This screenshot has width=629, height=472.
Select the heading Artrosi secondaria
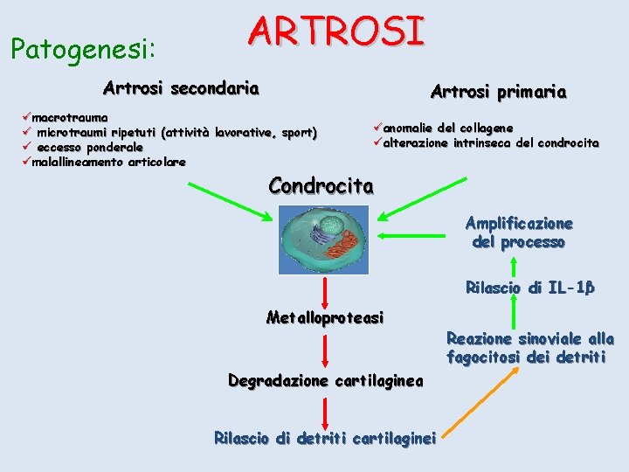[181, 88]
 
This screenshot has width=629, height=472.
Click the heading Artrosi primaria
[498, 92]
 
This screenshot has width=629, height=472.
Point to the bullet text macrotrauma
[70, 117]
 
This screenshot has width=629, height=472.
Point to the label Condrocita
[321, 185]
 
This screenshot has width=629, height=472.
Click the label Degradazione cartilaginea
[325, 381]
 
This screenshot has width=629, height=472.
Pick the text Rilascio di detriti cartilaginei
[325, 437]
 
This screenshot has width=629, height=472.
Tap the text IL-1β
[571, 288]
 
